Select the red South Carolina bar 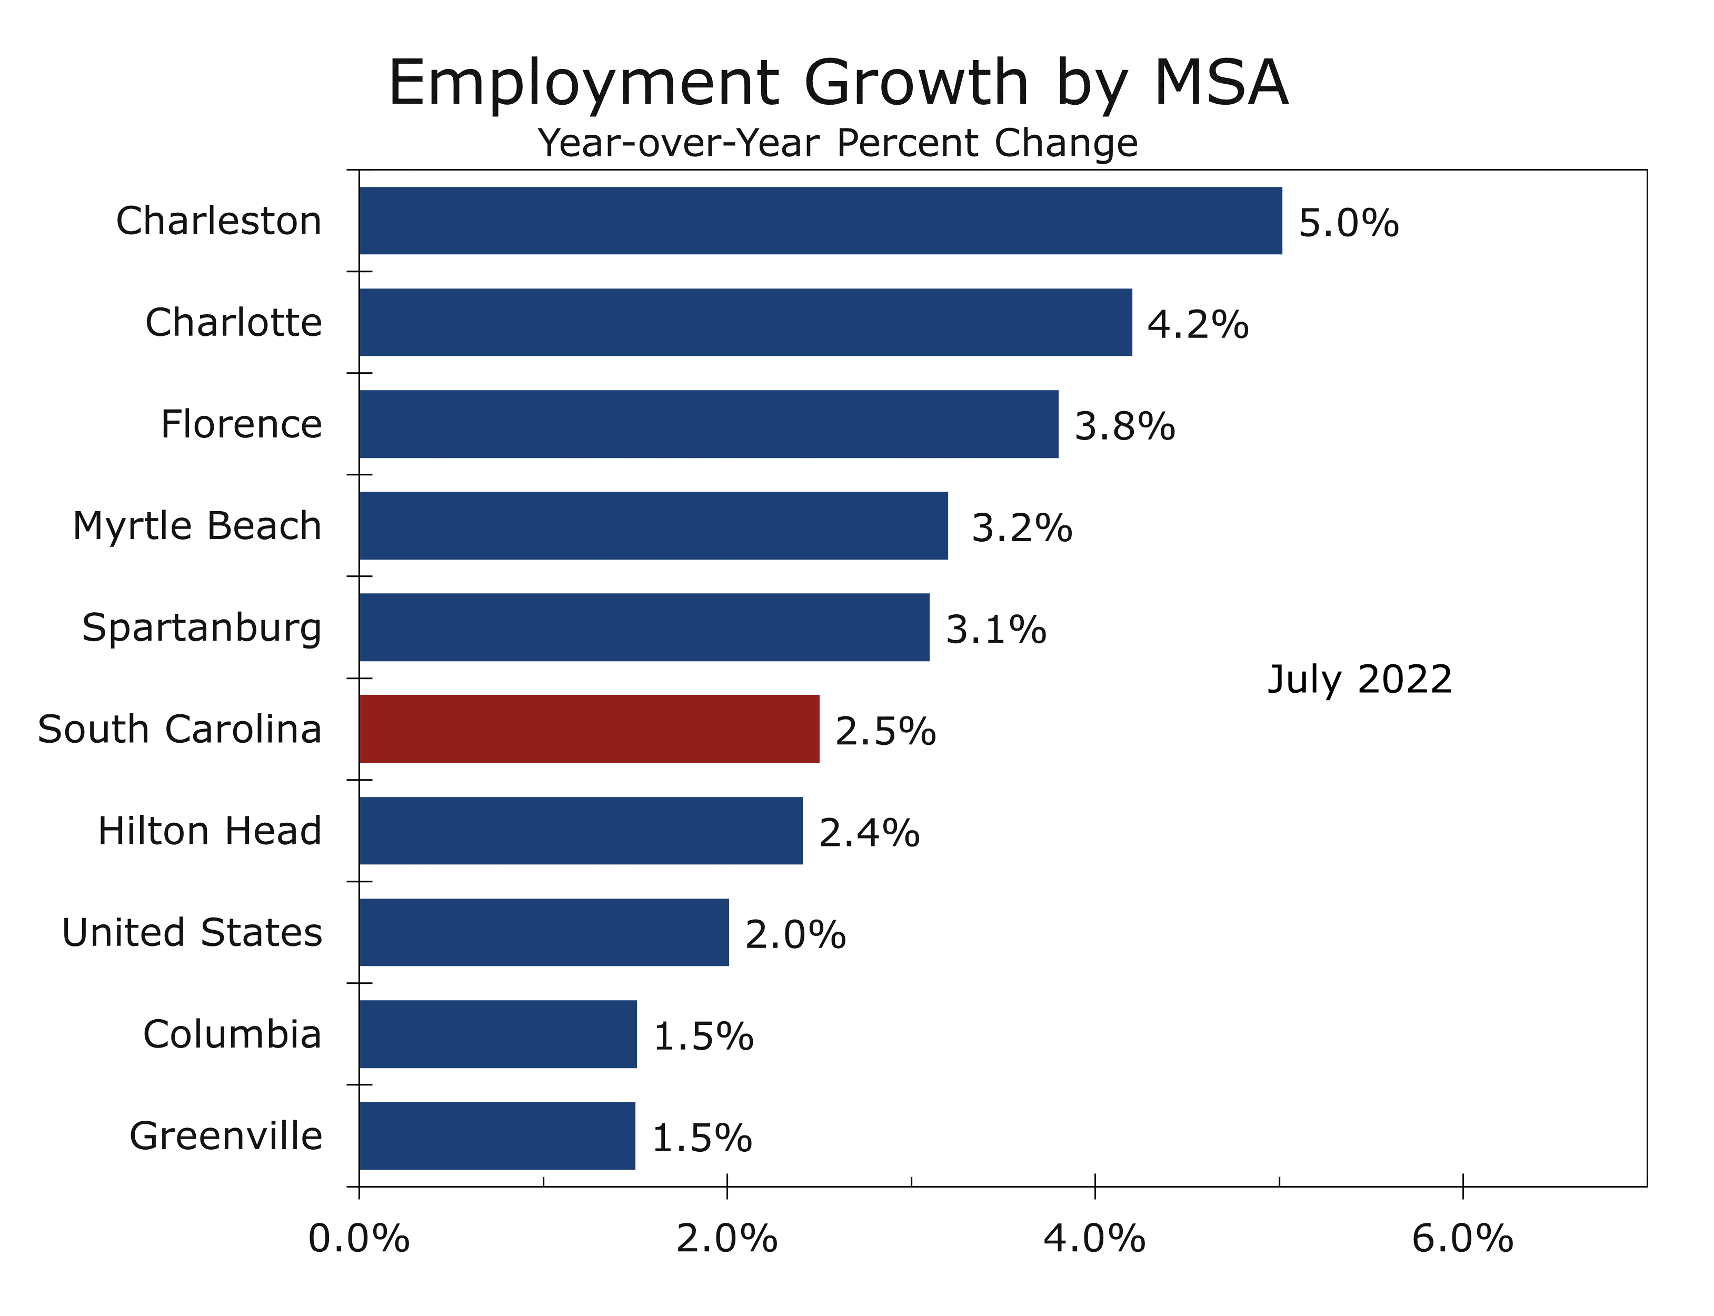(x=589, y=729)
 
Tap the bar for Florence (x=708, y=424)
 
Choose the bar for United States (x=544, y=932)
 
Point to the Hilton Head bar (x=581, y=830)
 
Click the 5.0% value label (x=1348, y=223)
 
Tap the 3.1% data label (x=995, y=630)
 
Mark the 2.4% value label (x=869, y=833)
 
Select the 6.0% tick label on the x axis (x=1462, y=1239)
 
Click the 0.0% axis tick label (x=359, y=1239)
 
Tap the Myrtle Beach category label (x=197, y=526)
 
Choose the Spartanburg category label (x=201, y=628)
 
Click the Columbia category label (x=232, y=1034)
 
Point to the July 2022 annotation (x=1359, y=679)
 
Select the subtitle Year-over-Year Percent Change (x=838, y=143)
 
